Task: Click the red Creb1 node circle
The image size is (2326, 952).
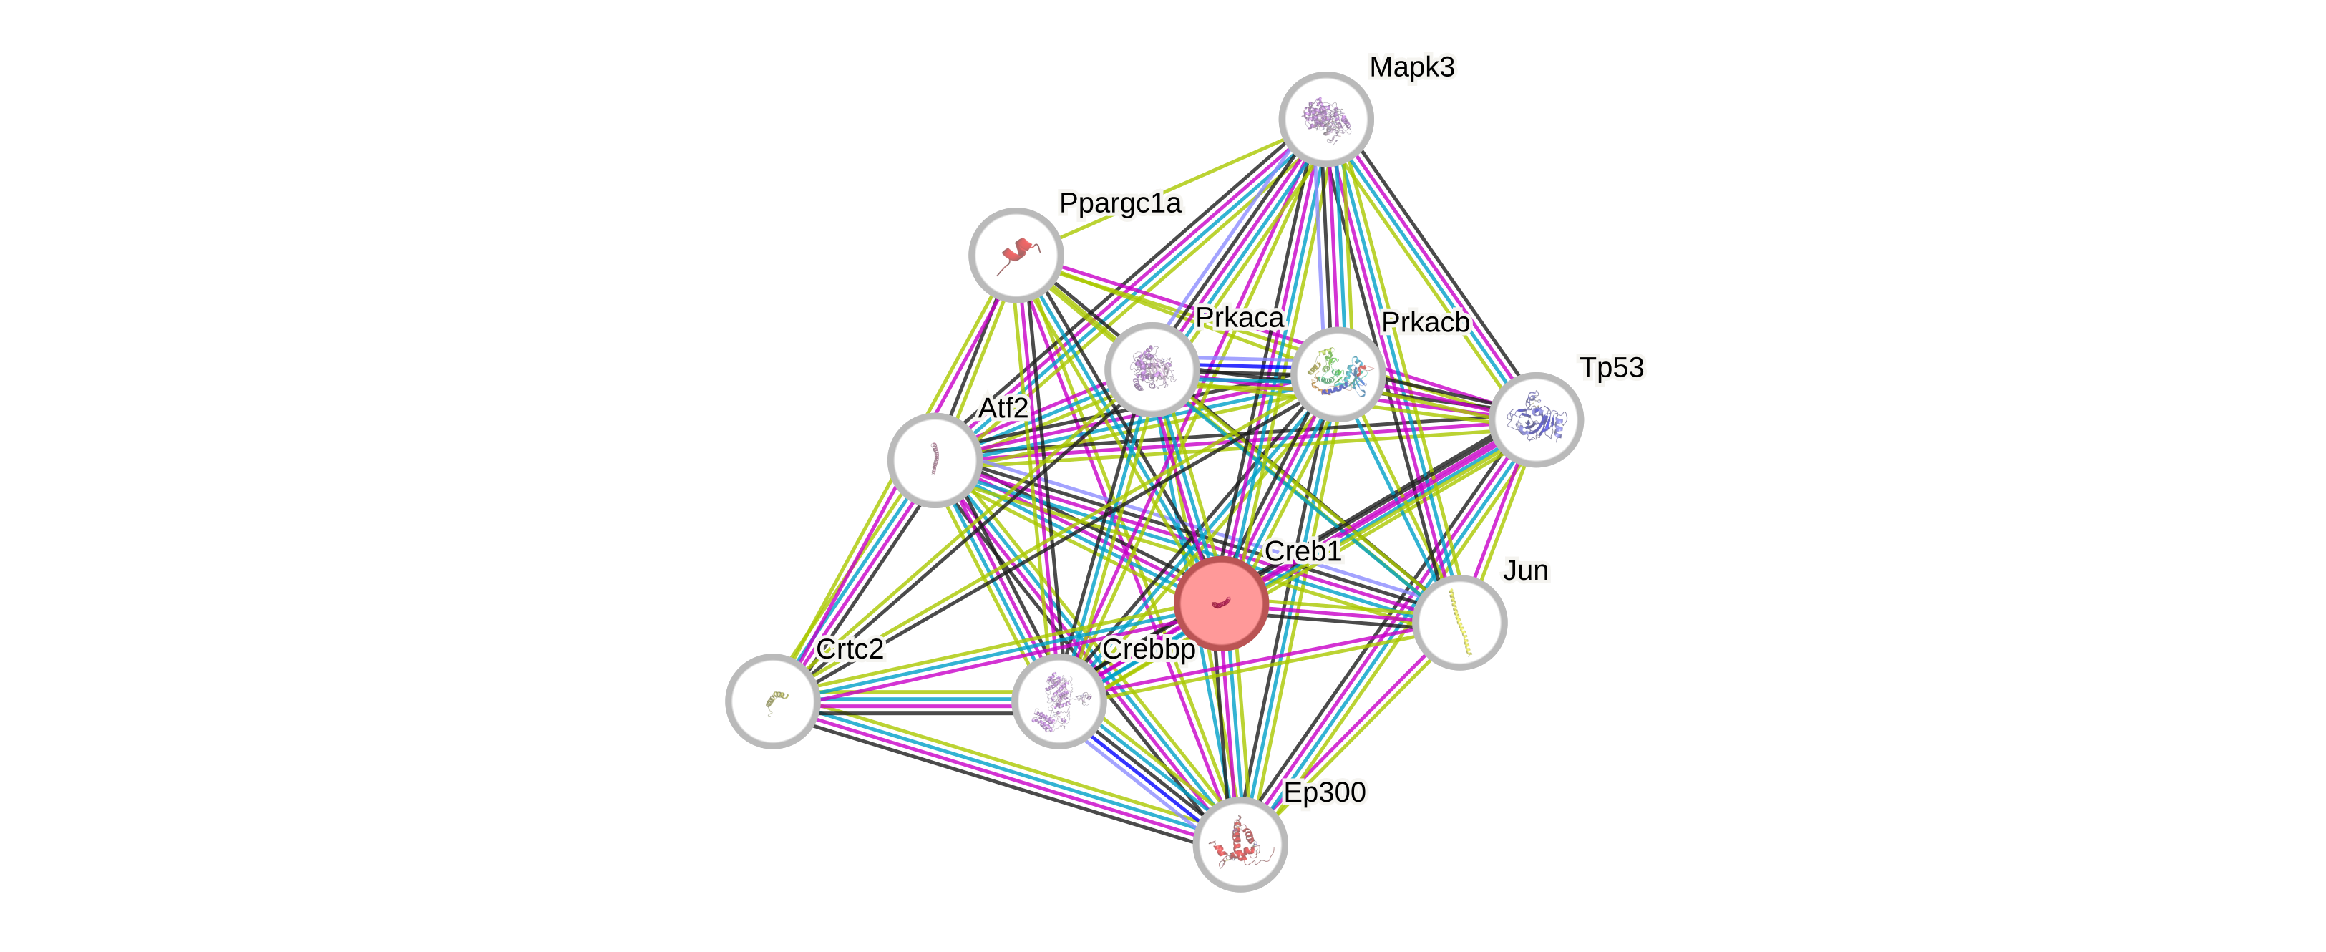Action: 1221,603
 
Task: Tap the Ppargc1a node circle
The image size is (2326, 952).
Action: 1016,255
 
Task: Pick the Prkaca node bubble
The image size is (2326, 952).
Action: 1152,369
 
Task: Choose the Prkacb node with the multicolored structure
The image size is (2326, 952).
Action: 1337,374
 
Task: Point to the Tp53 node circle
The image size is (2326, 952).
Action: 1535,419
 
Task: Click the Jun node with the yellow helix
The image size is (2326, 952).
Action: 1459,622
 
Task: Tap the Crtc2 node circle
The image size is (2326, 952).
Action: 772,700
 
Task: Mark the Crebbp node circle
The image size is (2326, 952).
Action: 1059,701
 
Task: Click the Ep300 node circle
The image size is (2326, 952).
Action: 1240,845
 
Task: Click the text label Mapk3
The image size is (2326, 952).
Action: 1411,67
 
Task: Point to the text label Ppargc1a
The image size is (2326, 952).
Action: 1119,203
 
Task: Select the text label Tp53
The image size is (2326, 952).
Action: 1612,368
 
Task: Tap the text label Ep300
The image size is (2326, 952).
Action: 1325,792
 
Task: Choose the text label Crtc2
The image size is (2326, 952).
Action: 850,649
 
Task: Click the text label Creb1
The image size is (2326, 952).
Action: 1303,551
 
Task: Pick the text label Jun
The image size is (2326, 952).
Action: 1526,570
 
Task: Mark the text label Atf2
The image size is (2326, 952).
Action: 1003,408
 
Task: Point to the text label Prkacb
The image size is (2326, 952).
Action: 1425,322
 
